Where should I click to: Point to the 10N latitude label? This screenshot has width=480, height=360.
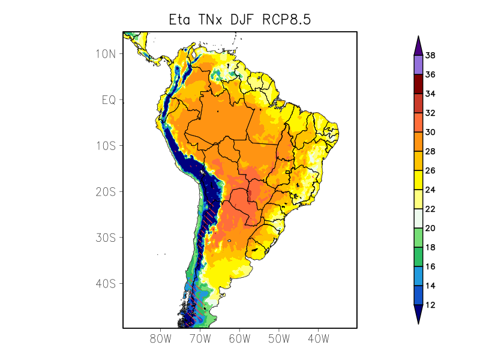click(106, 54)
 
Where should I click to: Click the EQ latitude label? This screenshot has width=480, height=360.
click(108, 100)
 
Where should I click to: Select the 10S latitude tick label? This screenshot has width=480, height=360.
click(106, 146)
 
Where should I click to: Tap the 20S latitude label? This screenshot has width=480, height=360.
click(106, 191)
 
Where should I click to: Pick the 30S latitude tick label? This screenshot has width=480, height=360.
click(106, 238)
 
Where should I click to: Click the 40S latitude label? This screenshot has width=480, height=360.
click(106, 283)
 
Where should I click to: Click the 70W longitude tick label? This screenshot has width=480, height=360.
click(200, 338)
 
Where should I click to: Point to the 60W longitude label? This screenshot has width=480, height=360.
click(239, 338)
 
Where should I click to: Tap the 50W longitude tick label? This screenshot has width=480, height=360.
click(279, 338)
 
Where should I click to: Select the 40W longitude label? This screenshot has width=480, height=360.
click(318, 338)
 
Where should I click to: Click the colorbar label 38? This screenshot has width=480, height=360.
click(430, 56)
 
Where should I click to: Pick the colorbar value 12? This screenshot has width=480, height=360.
click(430, 305)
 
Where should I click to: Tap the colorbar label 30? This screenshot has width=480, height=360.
click(430, 133)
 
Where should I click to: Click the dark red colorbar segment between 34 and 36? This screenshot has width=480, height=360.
click(418, 85)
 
